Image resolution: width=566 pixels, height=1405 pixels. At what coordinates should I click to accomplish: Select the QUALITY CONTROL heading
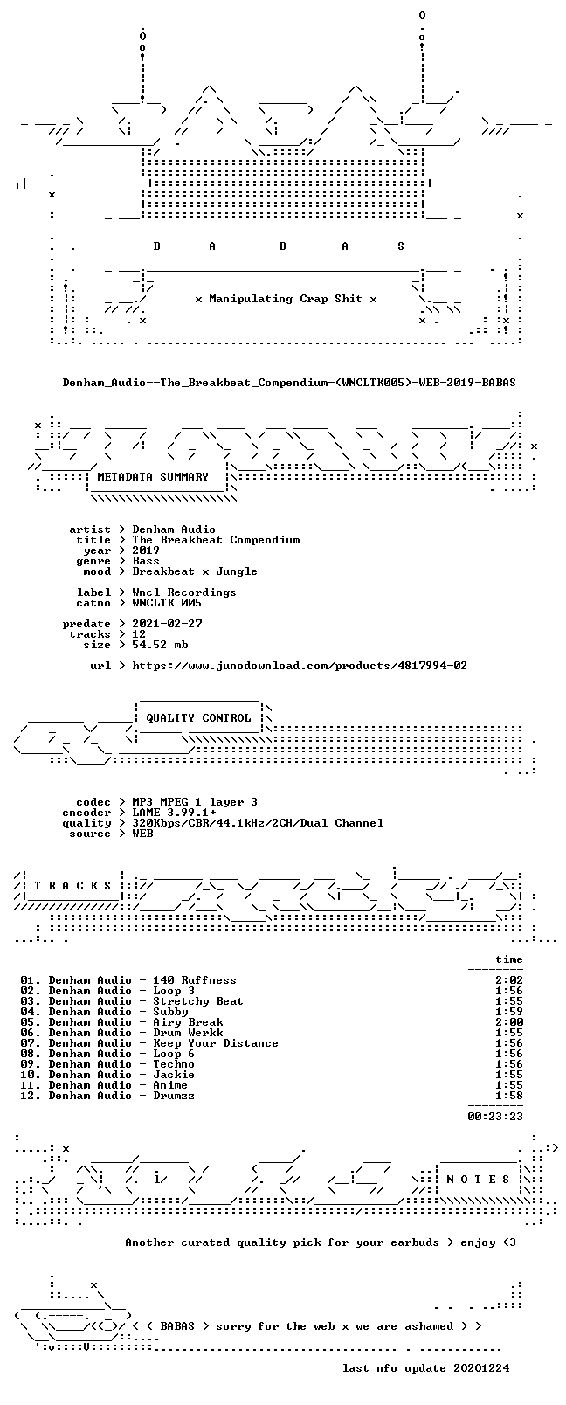click(198, 718)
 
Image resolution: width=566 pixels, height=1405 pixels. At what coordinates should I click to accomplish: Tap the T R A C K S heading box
click(72, 886)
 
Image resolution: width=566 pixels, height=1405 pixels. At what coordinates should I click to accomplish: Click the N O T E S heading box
click(479, 1180)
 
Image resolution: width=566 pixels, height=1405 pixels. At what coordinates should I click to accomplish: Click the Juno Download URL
click(300, 666)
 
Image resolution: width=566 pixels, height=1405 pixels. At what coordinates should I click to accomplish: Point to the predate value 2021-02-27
click(168, 624)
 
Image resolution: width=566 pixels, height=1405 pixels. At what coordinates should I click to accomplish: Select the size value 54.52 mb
click(160, 645)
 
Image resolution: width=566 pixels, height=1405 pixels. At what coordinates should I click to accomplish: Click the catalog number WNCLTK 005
click(167, 603)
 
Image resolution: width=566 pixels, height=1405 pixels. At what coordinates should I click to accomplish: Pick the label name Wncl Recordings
click(184, 592)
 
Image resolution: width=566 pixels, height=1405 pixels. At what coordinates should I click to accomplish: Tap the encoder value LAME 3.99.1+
click(174, 813)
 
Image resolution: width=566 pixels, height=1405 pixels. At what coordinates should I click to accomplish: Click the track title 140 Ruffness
click(195, 980)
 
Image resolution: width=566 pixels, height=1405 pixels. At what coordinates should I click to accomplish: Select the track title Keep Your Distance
click(216, 1043)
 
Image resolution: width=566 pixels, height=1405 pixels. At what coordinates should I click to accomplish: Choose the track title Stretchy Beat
click(198, 1001)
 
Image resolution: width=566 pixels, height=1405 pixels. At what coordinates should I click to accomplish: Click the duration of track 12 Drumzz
click(509, 1096)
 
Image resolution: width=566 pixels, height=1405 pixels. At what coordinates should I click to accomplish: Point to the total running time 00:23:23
click(495, 1117)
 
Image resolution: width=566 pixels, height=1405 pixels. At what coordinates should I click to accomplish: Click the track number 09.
click(30, 1064)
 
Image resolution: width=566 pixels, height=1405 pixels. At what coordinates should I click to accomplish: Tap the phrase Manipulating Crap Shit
click(286, 299)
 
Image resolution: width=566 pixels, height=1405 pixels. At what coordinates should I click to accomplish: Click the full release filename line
click(289, 382)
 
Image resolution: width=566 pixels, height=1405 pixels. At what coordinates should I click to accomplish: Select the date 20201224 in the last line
click(481, 1368)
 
